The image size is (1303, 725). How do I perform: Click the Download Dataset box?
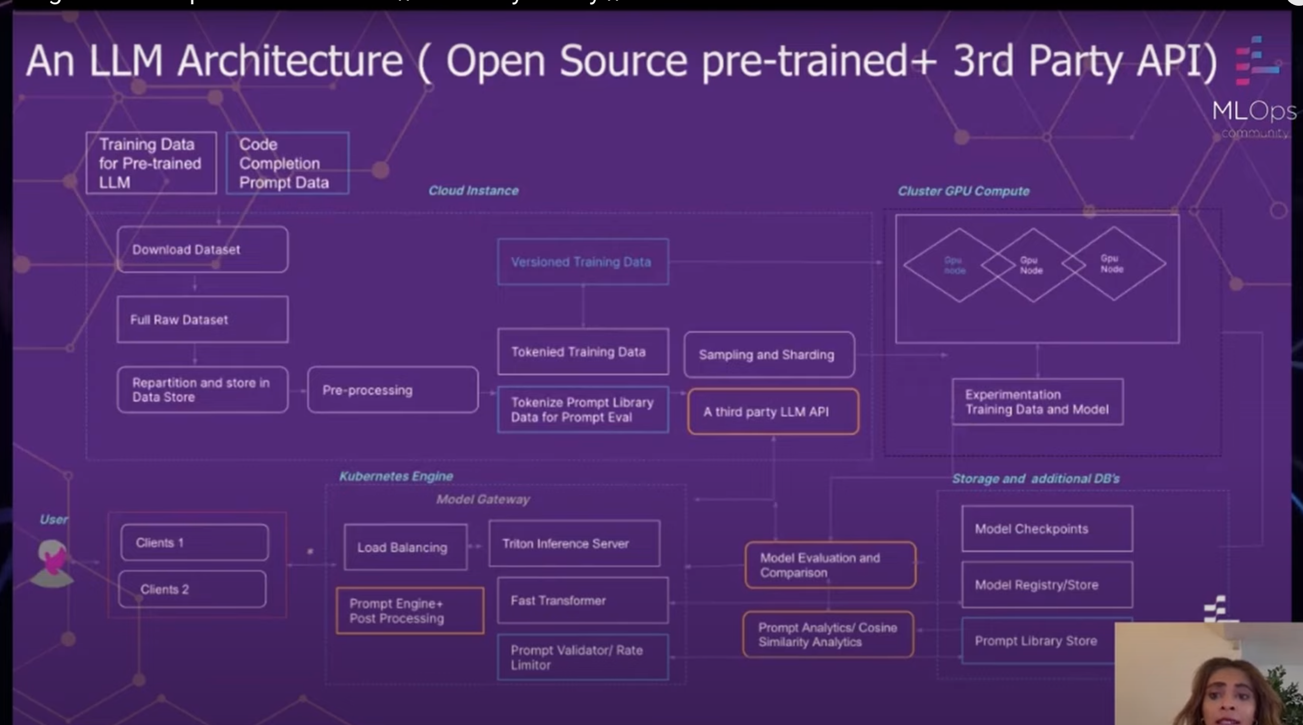(202, 249)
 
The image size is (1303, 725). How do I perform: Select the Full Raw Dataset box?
(202, 320)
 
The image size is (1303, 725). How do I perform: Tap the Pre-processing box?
(393, 390)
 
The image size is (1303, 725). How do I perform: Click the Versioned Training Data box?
(583, 262)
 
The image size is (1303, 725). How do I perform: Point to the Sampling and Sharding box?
(769, 355)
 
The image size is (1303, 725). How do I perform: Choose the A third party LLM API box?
(773, 412)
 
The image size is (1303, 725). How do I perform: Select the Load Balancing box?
(405, 547)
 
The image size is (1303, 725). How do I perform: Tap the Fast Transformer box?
(583, 601)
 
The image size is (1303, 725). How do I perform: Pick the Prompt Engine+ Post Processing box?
(410, 611)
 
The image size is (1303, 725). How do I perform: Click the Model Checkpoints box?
(1047, 529)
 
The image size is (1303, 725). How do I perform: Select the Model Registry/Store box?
(1047, 585)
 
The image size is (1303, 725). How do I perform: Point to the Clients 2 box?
(192, 590)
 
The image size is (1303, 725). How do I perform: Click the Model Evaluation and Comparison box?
(830, 565)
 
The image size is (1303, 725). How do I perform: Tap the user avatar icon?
(52, 563)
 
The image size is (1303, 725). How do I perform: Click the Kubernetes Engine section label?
(396, 476)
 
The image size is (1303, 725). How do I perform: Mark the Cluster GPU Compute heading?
(963, 191)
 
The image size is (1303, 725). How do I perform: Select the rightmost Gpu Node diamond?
(1113, 264)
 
